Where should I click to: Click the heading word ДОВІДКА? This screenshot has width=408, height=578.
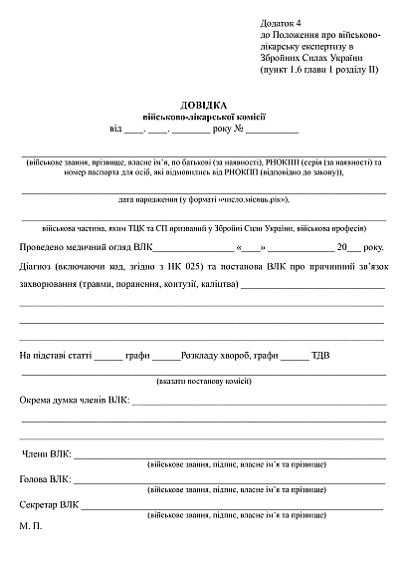[203, 105]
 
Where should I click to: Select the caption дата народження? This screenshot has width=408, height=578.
[203, 198]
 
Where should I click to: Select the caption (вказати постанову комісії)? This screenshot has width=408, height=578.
[203, 381]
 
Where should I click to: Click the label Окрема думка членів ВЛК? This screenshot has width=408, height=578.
[76, 400]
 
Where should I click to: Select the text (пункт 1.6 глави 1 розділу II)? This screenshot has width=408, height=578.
[318, 70]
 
